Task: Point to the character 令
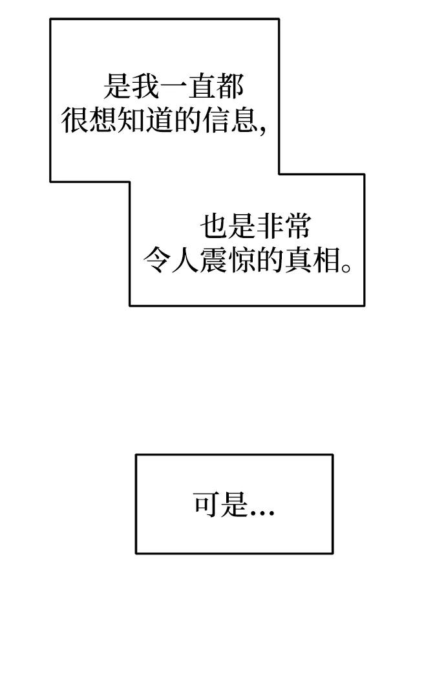(157, 260)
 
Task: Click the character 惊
(242, 260)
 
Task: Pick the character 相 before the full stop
(326, 260)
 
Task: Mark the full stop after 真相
(346, 268)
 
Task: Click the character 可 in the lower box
(207, 505)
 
